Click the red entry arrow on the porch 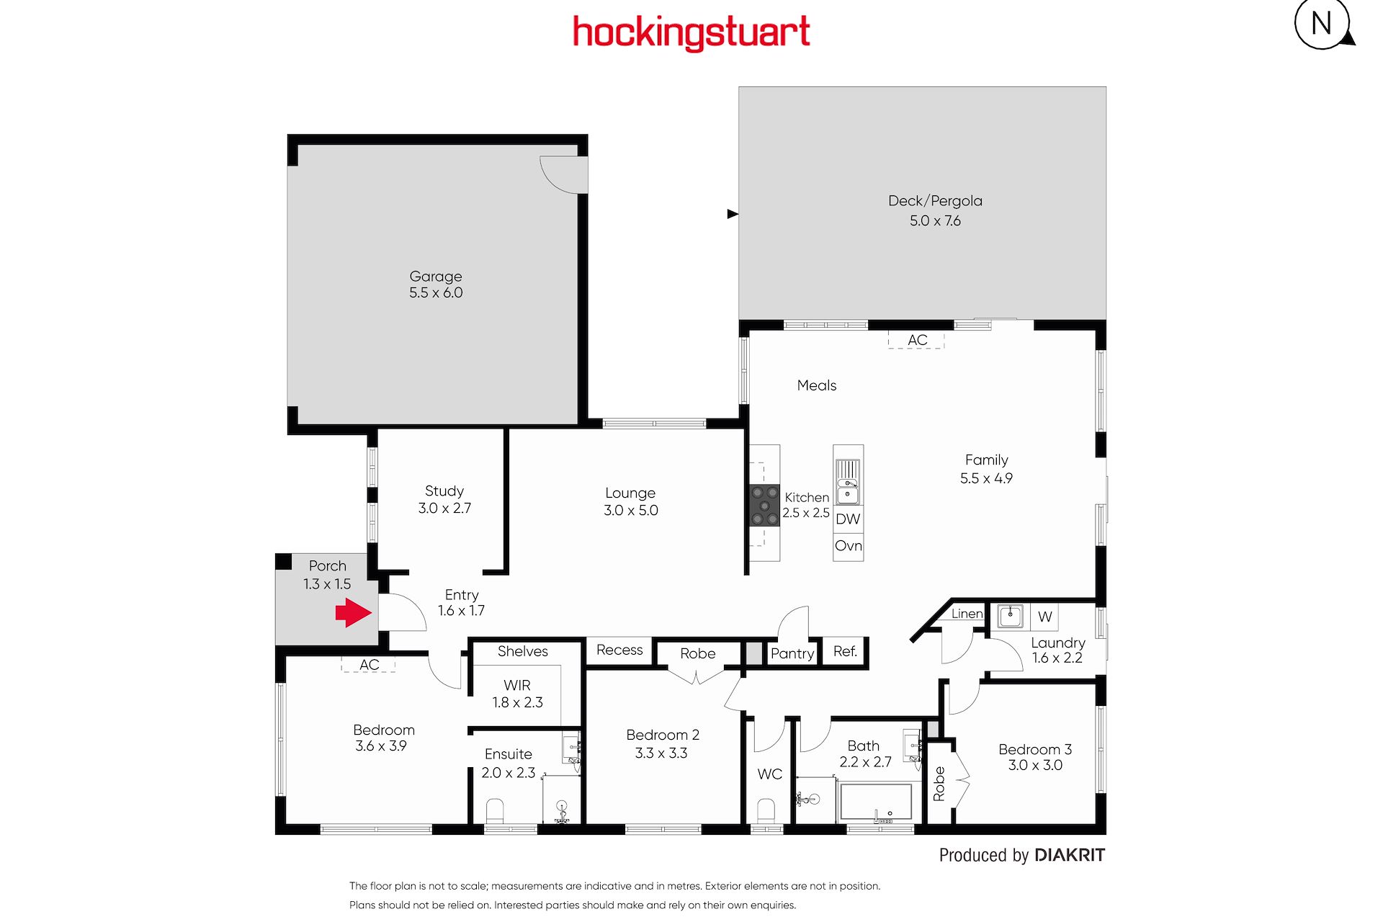click(353, 613)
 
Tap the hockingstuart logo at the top click(691, 33)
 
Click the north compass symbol click(1324, 24)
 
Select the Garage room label click(436, 277)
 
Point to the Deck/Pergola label click(935, 201)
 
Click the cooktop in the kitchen click(764, 506)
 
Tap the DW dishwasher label click(848, 519)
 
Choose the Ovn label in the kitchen click(849, 546)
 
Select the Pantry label click(792, 654)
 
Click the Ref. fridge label click(845, 652)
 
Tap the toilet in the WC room click(766, 811)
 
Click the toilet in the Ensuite click(495, 811)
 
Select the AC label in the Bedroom click(370, 665)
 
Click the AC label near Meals click(918, 340)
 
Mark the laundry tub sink click(1010, 617)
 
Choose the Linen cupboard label click(967, 614)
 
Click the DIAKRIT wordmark click(1070, 855)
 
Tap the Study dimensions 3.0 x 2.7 click(444, 509)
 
